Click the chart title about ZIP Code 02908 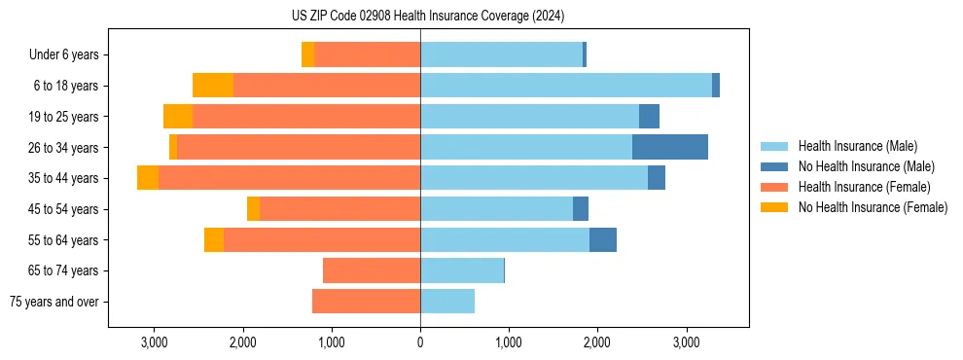coord(428,17)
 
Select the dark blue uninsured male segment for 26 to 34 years coord(669,147)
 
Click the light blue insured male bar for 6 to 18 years coord(565,86)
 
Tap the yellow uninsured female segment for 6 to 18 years coord(213,86)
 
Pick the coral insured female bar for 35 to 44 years coord(289,178)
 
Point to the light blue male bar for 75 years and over coord(447,302)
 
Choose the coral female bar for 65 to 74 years coord(372,270)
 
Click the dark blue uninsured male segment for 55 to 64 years coord(603,239)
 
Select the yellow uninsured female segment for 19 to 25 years coord(178,117)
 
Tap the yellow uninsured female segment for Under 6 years coord(308,54)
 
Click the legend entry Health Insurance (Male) coord(857,146)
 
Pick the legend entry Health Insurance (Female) coord(864,187)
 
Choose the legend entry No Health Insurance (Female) coord(873,207)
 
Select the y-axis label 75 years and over coord(53,302)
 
